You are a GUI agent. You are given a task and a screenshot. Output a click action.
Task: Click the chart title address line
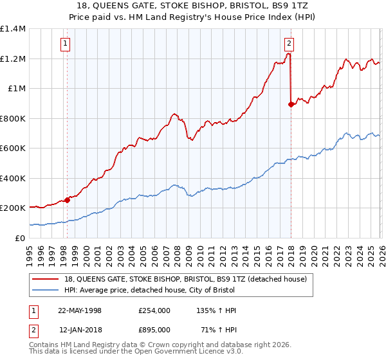tap(193, 5)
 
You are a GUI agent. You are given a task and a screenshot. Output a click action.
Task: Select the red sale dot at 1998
tap(67, 201)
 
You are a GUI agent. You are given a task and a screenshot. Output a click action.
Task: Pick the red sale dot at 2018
tap(291, 104)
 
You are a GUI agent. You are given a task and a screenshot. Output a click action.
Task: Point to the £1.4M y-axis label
tap(13, 29)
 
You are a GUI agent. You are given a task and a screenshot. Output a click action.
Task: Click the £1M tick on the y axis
tap(17, 89)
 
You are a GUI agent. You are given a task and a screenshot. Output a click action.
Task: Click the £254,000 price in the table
tap(154, 310)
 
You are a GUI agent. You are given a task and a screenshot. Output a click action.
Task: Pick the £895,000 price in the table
tap(154, 329)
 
